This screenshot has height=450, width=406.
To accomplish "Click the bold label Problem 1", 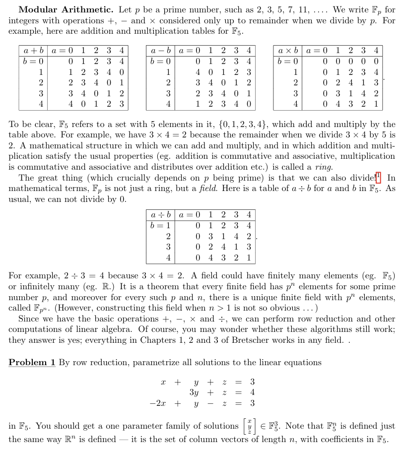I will (32, 363).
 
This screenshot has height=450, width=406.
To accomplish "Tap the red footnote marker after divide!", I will (378, 176).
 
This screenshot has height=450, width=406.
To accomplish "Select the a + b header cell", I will (32, 51).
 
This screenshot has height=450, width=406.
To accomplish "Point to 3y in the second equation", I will (195, 392).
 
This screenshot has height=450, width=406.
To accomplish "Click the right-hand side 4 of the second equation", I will (252, 392).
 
